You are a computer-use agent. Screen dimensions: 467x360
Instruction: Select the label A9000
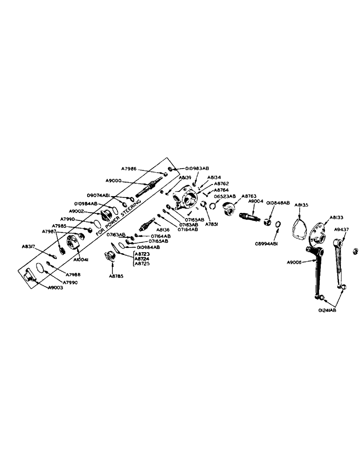coord(114,180)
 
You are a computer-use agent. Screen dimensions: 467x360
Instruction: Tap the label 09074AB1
coord(98,196)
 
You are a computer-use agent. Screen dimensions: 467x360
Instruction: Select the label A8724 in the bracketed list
coord(142,259)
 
